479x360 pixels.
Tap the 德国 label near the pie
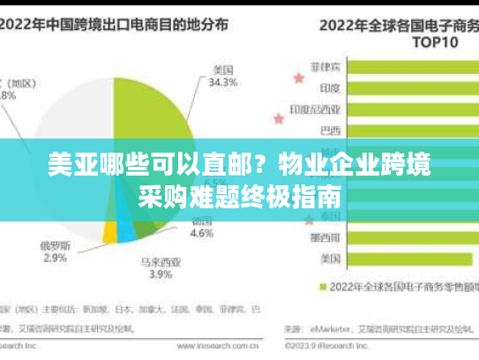202,221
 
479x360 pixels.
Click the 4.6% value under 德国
202,234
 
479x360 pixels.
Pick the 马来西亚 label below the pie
160,262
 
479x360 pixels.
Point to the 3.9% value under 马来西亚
160,275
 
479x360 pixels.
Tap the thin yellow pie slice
110,232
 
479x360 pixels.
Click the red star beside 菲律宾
298,79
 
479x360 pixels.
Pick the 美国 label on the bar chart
332,259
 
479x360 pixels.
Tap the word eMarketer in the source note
330,329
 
